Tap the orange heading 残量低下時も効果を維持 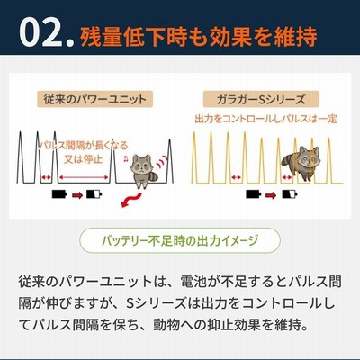coord(199,37)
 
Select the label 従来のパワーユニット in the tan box coord(94,100)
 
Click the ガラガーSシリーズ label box coord(261,100)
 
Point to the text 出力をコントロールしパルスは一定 coord(266,119)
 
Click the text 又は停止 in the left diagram coord(84,159)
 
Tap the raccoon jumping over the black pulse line coord(143,170)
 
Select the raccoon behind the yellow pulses coord(301,163)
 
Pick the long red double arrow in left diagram coord(84,177)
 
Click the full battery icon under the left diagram coord(59,194)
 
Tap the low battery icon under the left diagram coord(94,194)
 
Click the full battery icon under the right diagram coord(254,194)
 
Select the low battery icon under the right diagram coord(290,194)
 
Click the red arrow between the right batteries coord(271,195)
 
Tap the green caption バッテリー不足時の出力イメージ coord(180,240)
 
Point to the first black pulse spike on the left coord(21,157)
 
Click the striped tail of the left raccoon coord(153,176)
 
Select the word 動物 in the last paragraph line coord(166,325)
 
